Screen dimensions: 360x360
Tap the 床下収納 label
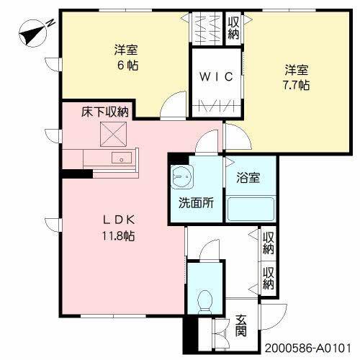(x=105, y=112)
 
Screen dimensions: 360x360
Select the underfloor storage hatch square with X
(x=112, y=134)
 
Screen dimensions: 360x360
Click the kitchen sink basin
(x=120, y=158)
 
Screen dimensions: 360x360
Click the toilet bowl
(x=205, y=297)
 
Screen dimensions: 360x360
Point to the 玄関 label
(x=240, y=326)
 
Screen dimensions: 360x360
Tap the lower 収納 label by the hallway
(x=269, y=278)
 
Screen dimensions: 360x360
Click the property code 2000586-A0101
(x=312, y=347)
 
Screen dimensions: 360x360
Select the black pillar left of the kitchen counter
(x=71, y=173)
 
